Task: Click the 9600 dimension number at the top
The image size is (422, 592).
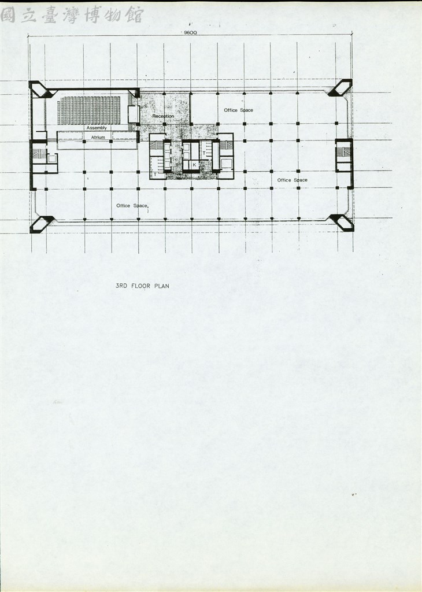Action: [x=190, y=32]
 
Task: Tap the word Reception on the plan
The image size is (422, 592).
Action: [x=163, y=116]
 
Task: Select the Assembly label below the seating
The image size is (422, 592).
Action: [x=97, y=128]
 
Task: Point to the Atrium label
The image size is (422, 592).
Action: [x=98, y=138]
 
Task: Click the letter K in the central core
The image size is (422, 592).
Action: [x=195, y=165]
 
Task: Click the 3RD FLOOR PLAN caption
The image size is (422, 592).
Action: [x=142, y=286]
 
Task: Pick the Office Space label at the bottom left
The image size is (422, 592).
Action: [x=132, y=206]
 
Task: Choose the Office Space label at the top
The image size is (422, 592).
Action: [x=239, y=110]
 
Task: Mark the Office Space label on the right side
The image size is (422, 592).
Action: [x=292, y=180]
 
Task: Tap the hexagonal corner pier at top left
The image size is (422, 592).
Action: [x=41, y=90]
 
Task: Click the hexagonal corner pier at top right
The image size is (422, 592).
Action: [x=340, y=88]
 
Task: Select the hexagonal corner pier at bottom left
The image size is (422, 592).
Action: [x=42, y=224]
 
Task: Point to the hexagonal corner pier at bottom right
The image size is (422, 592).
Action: [x=342, y=223]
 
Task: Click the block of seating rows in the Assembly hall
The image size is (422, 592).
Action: [x=88, y=110]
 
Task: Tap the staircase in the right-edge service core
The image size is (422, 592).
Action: [x=344, y=152]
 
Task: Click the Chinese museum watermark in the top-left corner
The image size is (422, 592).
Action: [x=72, y=14]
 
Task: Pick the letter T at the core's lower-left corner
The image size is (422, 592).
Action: [x=155, y=175]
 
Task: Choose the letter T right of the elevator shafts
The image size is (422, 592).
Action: [x=204, y=153]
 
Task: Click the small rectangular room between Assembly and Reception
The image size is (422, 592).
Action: [x=134, y=114]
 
